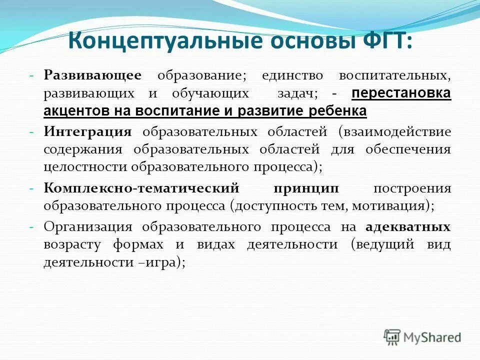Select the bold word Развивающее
point(92,75)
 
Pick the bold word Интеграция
point(87,132)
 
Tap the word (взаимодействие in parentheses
point(395,132)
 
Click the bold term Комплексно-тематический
point(141,188)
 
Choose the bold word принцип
point(306,188)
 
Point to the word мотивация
point(396,206)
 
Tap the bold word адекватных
point(408,227)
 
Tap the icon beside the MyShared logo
point(392,336)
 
